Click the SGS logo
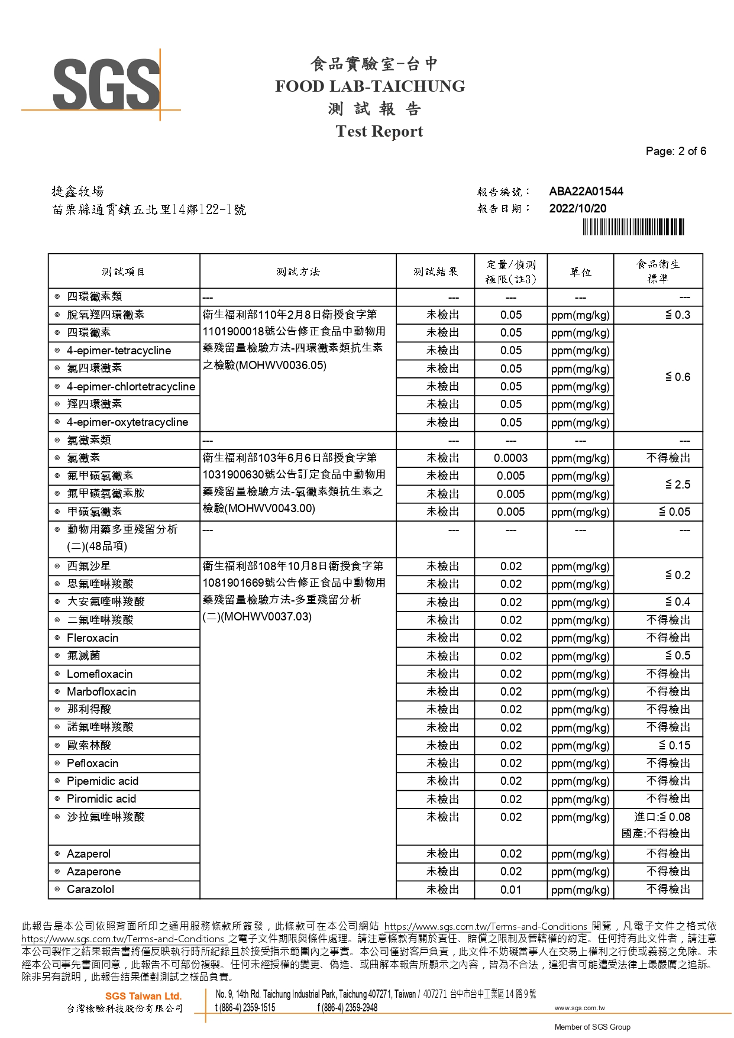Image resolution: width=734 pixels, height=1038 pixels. tap(106, 85)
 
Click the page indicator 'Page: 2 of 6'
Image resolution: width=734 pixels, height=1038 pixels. tap(675, 151)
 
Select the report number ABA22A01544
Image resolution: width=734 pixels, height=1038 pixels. tap(586, 191)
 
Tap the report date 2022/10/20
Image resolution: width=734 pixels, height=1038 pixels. tap(577, 208)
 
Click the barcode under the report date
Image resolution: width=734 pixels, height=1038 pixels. tap(633, 227)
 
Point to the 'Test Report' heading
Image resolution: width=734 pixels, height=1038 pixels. tap(379, 131)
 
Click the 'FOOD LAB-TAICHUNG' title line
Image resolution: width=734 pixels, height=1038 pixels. tap(370, 86)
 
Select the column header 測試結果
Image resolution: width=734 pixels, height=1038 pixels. tap(435, 271)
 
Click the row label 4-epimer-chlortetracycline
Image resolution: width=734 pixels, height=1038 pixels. tap(131, 386)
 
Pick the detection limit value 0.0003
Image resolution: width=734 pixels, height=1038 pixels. tap(510, 458)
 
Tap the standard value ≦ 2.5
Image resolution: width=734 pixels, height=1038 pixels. tap(677, 484)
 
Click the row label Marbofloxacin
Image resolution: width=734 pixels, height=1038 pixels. tap(101, 691)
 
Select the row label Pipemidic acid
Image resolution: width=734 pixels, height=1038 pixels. tap(102, 781)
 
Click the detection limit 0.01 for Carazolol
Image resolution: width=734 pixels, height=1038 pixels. tap(510, 890)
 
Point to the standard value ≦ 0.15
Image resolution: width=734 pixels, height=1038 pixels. tap(674, 745)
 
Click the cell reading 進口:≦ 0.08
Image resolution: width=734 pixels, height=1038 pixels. tap(661, 817)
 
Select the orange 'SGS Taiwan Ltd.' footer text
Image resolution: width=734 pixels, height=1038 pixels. tap(143, 996)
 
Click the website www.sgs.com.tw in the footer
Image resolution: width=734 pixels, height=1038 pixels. tap(579, 1008)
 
